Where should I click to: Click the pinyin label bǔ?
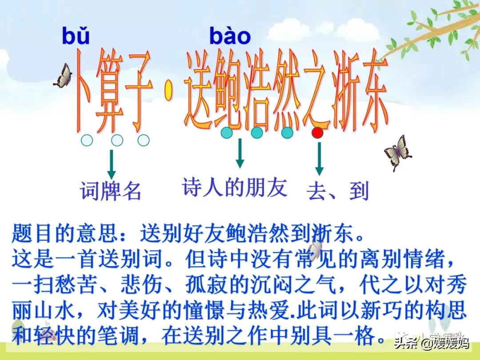pos(76,36)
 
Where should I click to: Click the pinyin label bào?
pos(230,36)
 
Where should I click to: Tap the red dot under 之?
pos(317,133)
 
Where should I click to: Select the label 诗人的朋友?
pos(235,188)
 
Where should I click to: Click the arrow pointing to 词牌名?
pos(112,164)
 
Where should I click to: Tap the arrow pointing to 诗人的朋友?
pos(240,153)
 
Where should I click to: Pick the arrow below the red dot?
pos(319,159)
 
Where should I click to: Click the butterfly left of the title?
pos(64,76)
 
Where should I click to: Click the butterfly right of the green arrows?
pos(398,152)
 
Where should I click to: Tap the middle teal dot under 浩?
pos(257,133)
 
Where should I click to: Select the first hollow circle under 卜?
pos(87,140)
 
